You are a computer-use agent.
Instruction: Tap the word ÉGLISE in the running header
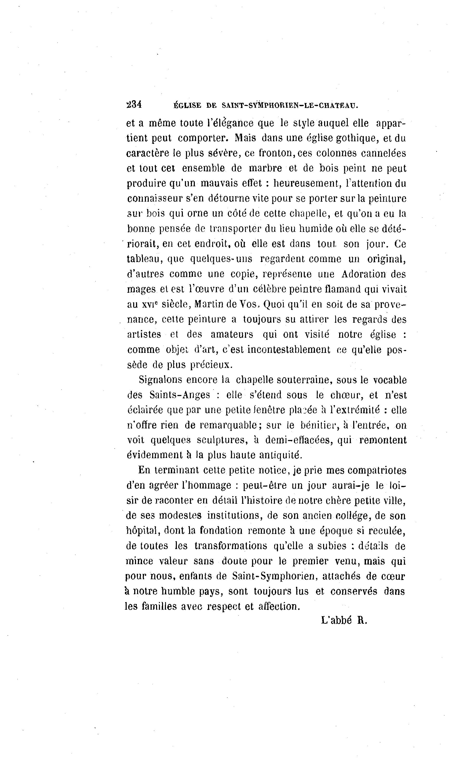click(187, 106)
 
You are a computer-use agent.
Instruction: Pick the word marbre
click(266, 168)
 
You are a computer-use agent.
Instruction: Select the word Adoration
click(364, 274)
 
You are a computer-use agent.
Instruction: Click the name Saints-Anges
click(180, 395)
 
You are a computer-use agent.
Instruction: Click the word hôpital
click(142, 531)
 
